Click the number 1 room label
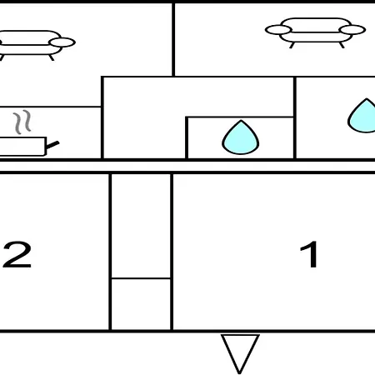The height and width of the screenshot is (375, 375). point(309,254)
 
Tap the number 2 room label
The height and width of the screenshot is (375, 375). point(17,254)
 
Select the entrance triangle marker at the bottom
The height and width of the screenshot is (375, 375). point(240,353)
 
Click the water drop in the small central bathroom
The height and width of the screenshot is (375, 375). point(241,137)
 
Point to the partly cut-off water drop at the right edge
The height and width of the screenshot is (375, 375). point(362,116)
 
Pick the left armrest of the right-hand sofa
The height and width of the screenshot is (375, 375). point(278,30)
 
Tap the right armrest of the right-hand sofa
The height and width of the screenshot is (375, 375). point(352,30)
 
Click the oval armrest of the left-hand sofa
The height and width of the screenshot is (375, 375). point(62,42)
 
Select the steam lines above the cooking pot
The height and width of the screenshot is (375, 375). point(22,122)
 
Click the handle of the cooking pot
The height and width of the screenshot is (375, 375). point(52,145)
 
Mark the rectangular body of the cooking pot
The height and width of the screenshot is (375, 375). point(22,147)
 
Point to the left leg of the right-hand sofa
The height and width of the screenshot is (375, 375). point(292,45)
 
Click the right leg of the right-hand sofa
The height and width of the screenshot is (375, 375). point(342,45)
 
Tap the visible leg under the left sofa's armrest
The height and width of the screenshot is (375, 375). point(52,57)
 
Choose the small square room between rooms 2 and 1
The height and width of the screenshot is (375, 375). point(141,304)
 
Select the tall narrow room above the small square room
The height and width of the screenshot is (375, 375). point(141,226)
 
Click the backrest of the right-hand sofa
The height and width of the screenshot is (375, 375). point(316,25)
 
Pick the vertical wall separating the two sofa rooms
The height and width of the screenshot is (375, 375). point(173,39)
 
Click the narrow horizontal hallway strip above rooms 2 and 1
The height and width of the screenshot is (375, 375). point(187,167)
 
